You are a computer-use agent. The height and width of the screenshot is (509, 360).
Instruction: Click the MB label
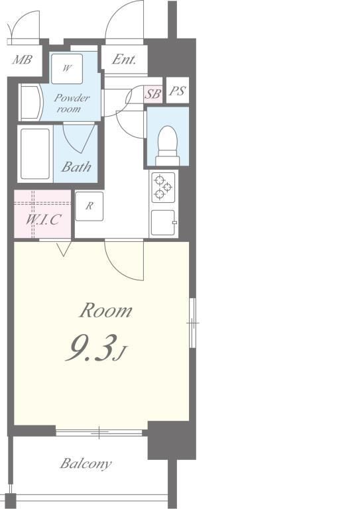(x=23, y=60)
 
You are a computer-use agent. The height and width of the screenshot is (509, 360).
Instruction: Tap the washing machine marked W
(x=67, y=69)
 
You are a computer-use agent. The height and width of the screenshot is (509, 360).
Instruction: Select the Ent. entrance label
(x=124, y=59)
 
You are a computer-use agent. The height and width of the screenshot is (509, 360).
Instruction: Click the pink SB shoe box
(x=153, y=94)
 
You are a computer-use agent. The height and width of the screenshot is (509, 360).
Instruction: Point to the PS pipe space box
(x=177, y=91)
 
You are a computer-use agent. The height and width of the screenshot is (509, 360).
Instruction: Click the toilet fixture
(x=168, y=145)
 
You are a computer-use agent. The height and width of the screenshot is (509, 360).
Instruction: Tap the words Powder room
(x=72, y=103)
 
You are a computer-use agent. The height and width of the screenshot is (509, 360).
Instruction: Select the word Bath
(x=76, y=167)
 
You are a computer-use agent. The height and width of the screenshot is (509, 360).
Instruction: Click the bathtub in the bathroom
(x=35, y=154)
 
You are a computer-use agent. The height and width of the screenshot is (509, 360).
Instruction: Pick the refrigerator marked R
(x=90, y=206)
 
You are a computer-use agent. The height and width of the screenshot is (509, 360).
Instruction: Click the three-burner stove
(x=163, y=188)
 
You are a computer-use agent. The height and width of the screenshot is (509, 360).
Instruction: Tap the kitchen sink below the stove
(x=164, y=223)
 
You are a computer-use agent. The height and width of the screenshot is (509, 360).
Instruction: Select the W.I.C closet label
(x=43, y=220)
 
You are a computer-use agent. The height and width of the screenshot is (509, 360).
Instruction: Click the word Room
(x=106, y=310)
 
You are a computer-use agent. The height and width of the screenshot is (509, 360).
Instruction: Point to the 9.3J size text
(x=96, y=349)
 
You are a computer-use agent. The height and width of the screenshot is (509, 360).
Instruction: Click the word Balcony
(x=86, y=463)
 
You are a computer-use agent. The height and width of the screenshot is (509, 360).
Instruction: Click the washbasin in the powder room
(x=30, y=102)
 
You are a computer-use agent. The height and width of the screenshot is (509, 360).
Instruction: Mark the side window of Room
(x=192, y=323)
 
